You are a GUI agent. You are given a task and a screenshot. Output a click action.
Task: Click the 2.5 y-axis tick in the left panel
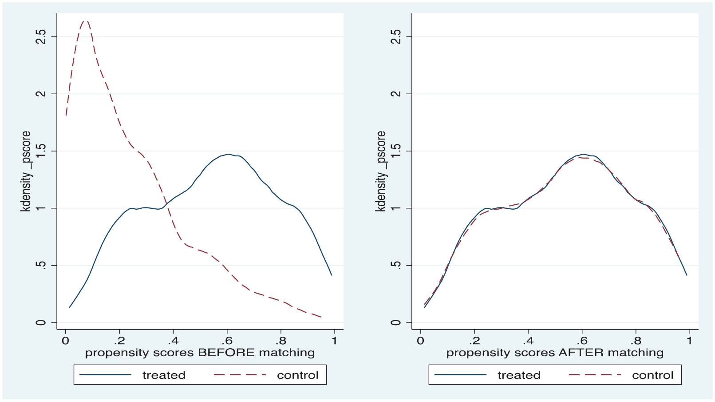tap(41, 37)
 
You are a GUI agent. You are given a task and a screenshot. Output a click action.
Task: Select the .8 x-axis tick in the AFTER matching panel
tap(636, 341)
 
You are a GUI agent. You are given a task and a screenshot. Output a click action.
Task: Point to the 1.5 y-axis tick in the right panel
tap(396, 151)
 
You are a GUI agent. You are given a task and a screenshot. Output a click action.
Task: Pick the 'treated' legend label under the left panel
tap(164, 375)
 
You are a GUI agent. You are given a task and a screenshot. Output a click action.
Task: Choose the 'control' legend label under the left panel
tap(297, 375)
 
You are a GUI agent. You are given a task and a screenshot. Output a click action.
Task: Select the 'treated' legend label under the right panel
tap(519, 375)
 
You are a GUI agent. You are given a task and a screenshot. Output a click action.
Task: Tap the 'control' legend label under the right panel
tap(652, 375)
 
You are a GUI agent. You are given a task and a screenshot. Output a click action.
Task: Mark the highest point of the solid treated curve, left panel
tap(228, 154)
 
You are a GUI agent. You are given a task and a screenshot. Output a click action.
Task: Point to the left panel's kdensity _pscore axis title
tap(26, 171)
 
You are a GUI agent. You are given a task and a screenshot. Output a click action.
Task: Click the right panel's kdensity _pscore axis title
tap(380, 171)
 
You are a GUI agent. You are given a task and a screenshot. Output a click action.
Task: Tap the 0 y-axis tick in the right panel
tap(396, 322)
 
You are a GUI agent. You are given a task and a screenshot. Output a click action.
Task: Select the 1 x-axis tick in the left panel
tap(334, 341)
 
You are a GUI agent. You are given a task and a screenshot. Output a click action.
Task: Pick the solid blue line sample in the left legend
tap(105, 374)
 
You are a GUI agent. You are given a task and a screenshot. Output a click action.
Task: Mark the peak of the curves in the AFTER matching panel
tap(583, 154)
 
